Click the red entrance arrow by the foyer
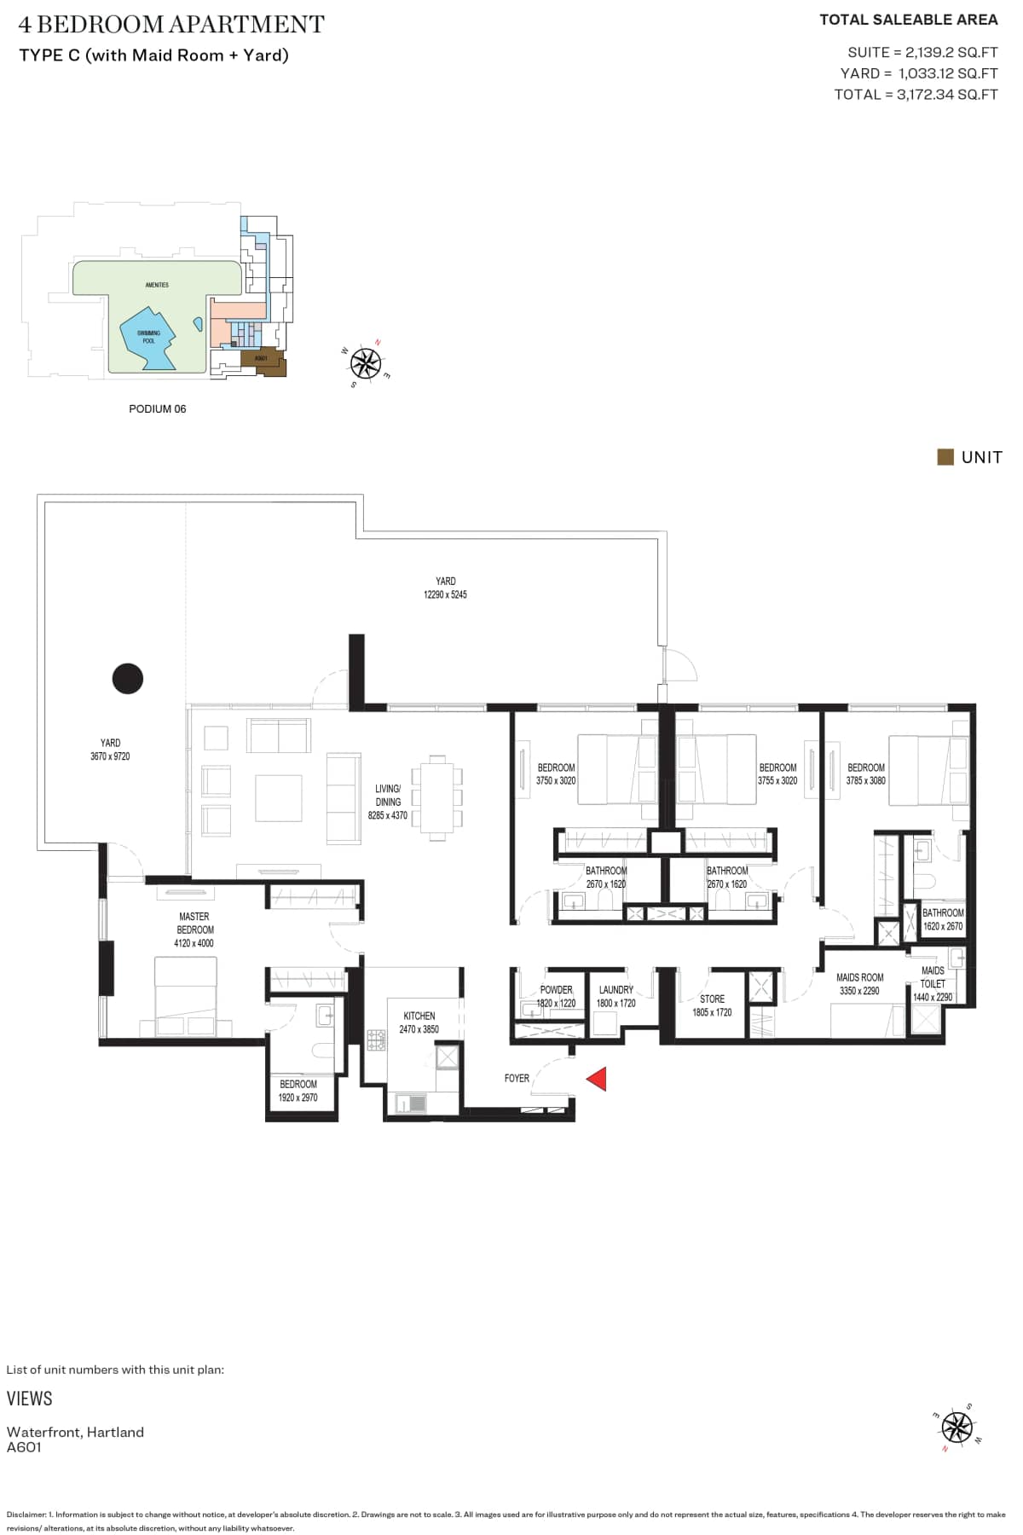pos(597,1079)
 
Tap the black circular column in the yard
pos(128,679)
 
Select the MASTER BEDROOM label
pos(194,924)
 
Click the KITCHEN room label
pos(419,1016)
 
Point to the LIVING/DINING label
pos(388,795)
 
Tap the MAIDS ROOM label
pos(859,977)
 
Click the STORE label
pos(712,999)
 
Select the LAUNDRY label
pos(616,990)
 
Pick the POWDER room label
pos(556,990)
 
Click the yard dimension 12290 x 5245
pos(445,594)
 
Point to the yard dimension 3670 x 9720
pos(110,756)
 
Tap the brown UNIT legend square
pos(945,457)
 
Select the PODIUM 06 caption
pos(157,409)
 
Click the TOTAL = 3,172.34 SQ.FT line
pos(916,95)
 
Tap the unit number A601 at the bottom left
pos(24,1447)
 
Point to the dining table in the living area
pos(436,797)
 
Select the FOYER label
pos(517,1079)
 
